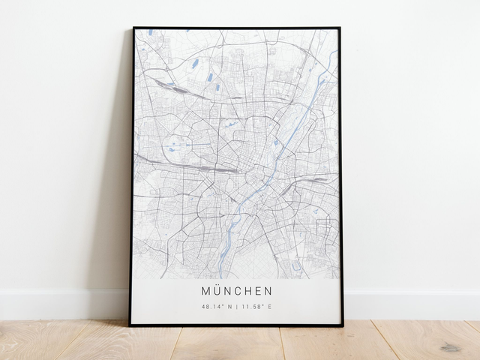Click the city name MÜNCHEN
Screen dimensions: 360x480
[236, 290]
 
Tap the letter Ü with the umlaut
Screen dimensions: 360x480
[217, 290]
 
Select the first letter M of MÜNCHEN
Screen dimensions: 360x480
[206, 290]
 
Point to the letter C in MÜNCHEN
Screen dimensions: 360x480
[242, 290]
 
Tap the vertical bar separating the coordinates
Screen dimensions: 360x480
[237, 307]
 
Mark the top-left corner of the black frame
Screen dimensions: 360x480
[133, 28]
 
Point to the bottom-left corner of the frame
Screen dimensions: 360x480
[130, 325]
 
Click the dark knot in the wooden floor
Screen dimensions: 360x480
[450, 346]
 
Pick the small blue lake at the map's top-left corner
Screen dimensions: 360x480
[150, 32]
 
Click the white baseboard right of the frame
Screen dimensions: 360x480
[412, 304]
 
